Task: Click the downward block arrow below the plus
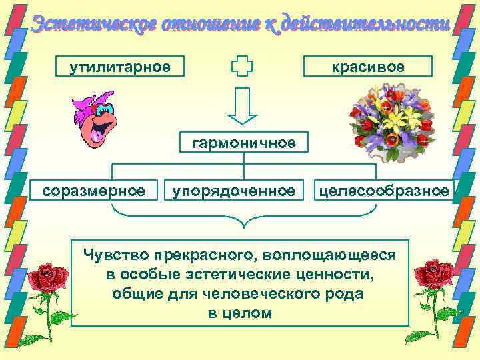click(243, 106)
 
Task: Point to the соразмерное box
click(93, 191)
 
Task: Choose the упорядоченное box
click(234, 191)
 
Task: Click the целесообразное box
click(384, 191)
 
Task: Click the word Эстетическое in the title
click(81, 25)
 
